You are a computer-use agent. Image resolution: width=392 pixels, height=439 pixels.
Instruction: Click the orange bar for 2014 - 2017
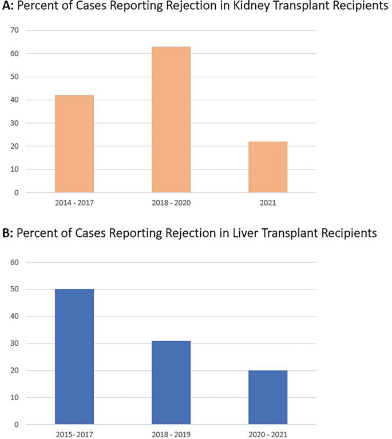click(74, 144)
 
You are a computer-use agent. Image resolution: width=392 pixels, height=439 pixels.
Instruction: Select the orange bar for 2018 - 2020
click(171, 120)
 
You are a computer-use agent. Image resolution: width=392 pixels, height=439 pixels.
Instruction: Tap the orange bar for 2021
click(268, 167)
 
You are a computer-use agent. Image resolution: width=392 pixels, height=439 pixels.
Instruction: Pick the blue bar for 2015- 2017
click(74, 357)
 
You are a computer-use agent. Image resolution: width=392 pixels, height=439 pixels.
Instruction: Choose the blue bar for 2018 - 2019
click(171, 382)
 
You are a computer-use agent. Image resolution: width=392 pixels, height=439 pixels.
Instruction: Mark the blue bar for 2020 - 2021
click(268, 397)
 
